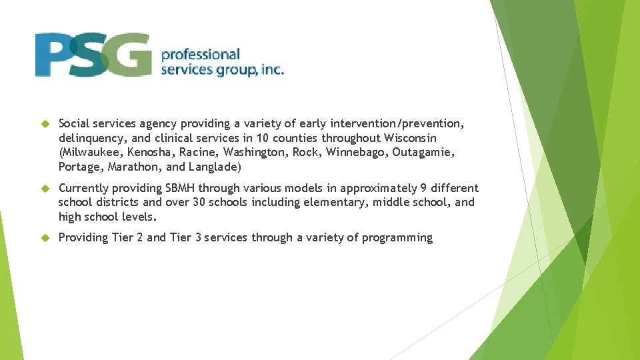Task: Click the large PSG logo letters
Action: click(x=93, y=55)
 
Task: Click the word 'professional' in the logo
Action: click(x=200, y=54)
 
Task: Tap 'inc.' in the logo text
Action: click(x=271, y=69)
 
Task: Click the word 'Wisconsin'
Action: click(x=411, y=138)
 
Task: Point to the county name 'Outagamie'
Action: click(x=423, y=153)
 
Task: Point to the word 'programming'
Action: click(x=397, y=238)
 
